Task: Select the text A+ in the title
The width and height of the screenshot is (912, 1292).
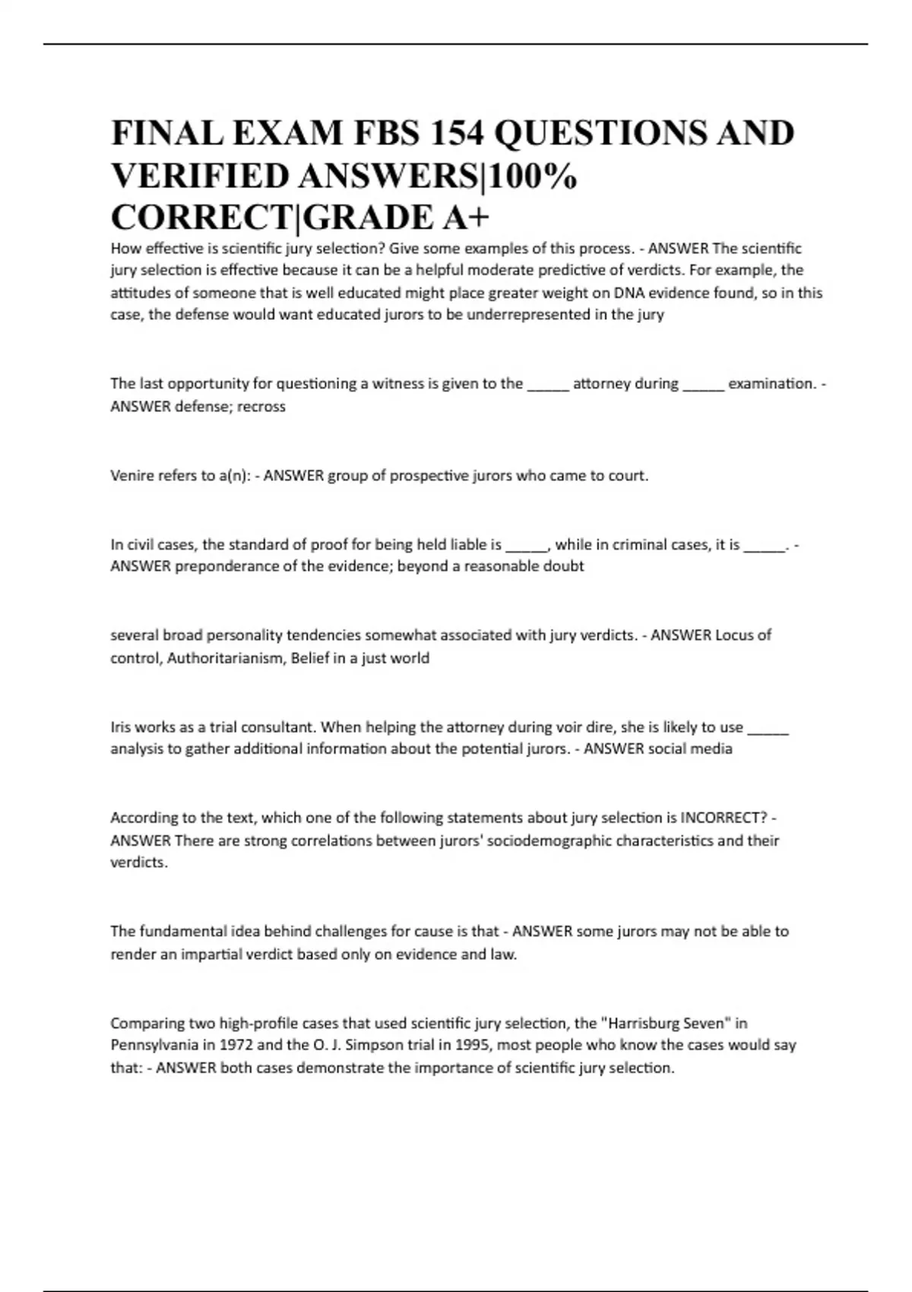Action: coord(464,217)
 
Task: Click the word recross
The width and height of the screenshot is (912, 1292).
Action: coord(261,407)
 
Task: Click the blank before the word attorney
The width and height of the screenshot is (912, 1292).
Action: coord(548,385)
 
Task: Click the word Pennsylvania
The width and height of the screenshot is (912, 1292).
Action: coord(154,1045)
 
